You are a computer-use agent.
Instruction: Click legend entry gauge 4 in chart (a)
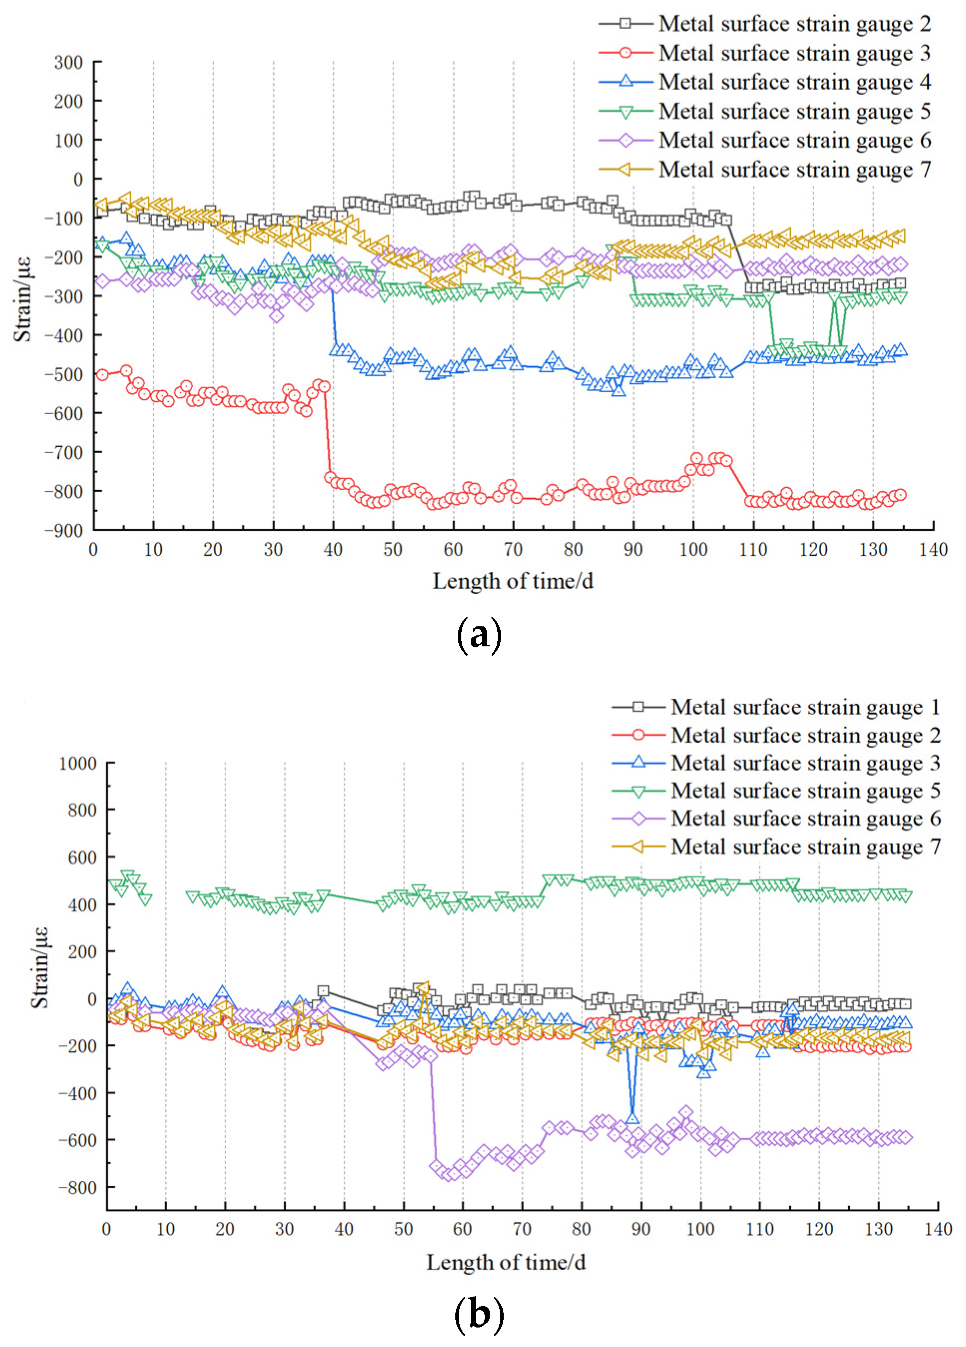click(794, 82)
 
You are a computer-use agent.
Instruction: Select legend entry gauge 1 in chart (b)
click(806, 707)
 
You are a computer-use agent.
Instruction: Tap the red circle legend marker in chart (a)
click(626, 53)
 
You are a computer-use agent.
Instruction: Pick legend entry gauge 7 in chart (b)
click(806, 846)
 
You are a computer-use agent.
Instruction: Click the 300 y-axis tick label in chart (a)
click(68, 62)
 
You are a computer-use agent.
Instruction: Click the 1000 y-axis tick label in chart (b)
click(77, 764)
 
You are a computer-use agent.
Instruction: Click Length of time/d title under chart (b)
click(506, 1262)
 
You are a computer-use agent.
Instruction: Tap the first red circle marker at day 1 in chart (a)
click(102, 375)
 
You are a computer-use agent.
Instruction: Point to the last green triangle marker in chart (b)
click(906, 896)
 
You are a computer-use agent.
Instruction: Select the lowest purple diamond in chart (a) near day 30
click(277, 316)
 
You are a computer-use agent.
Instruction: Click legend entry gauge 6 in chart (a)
click(794, 140)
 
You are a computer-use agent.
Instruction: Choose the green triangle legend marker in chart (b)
click(639, 791)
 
